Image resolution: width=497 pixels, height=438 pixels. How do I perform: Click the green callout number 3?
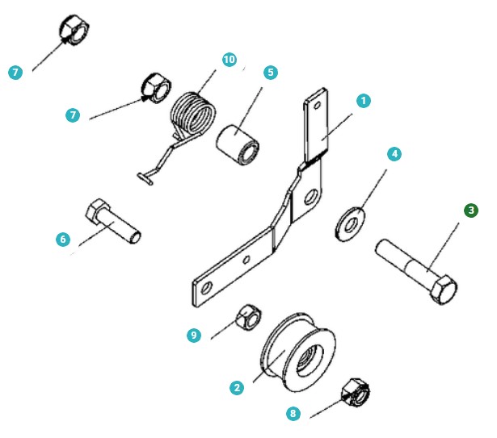pos(471,211)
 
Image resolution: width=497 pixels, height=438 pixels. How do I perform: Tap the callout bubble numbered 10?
pos(230,60)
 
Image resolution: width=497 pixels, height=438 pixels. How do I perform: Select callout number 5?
pos(271,73)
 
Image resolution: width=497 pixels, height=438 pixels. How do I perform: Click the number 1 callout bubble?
pos(363,101)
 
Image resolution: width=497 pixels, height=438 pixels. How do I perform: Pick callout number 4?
pos(394,154)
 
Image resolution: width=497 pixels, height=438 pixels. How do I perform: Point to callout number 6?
pos(63,239)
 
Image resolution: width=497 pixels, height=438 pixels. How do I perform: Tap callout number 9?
pos(194,335)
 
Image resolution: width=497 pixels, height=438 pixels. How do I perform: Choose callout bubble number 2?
pos(237,388)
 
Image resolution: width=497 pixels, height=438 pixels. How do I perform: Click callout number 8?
pos(293,413)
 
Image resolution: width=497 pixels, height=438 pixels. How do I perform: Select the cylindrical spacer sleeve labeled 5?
pos(238,145)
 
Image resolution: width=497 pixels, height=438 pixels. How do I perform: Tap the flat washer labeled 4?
pos(350,224)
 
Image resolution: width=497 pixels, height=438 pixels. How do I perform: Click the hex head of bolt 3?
pos(444,290)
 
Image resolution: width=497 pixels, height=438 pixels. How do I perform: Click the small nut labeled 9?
pos(249,318)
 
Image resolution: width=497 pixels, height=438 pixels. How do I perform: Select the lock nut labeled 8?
pos(356,393)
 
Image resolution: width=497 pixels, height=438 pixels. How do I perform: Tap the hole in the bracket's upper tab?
pos(317,105)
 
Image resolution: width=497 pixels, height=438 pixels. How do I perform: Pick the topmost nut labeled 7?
pos(74,31)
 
